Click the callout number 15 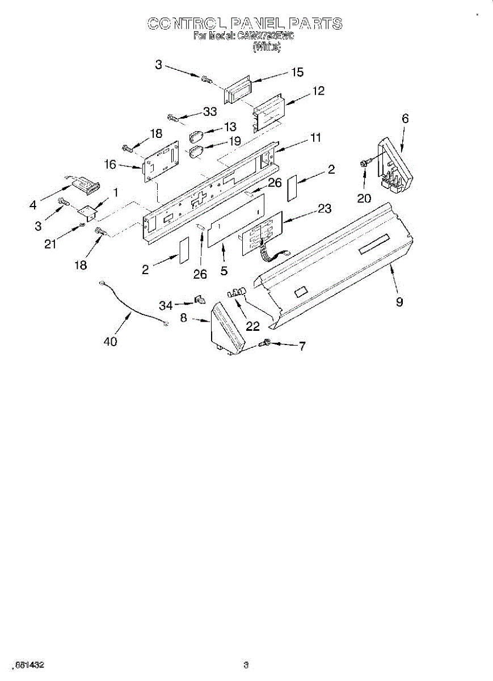[x=297, y=72]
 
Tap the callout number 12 [x=318, y=91]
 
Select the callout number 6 [x=405, y=119]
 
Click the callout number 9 [x=399, y=302]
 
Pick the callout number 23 [x=324, y=209]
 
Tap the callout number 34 [x=165, y=305]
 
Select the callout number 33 [x=210, y=112]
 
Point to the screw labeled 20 [x=363, y=163]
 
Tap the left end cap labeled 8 [x=227, y=329]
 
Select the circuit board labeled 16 [x=161, y=163]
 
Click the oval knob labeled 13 [x=196, y=137]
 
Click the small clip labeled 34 [x=199, y=299]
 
